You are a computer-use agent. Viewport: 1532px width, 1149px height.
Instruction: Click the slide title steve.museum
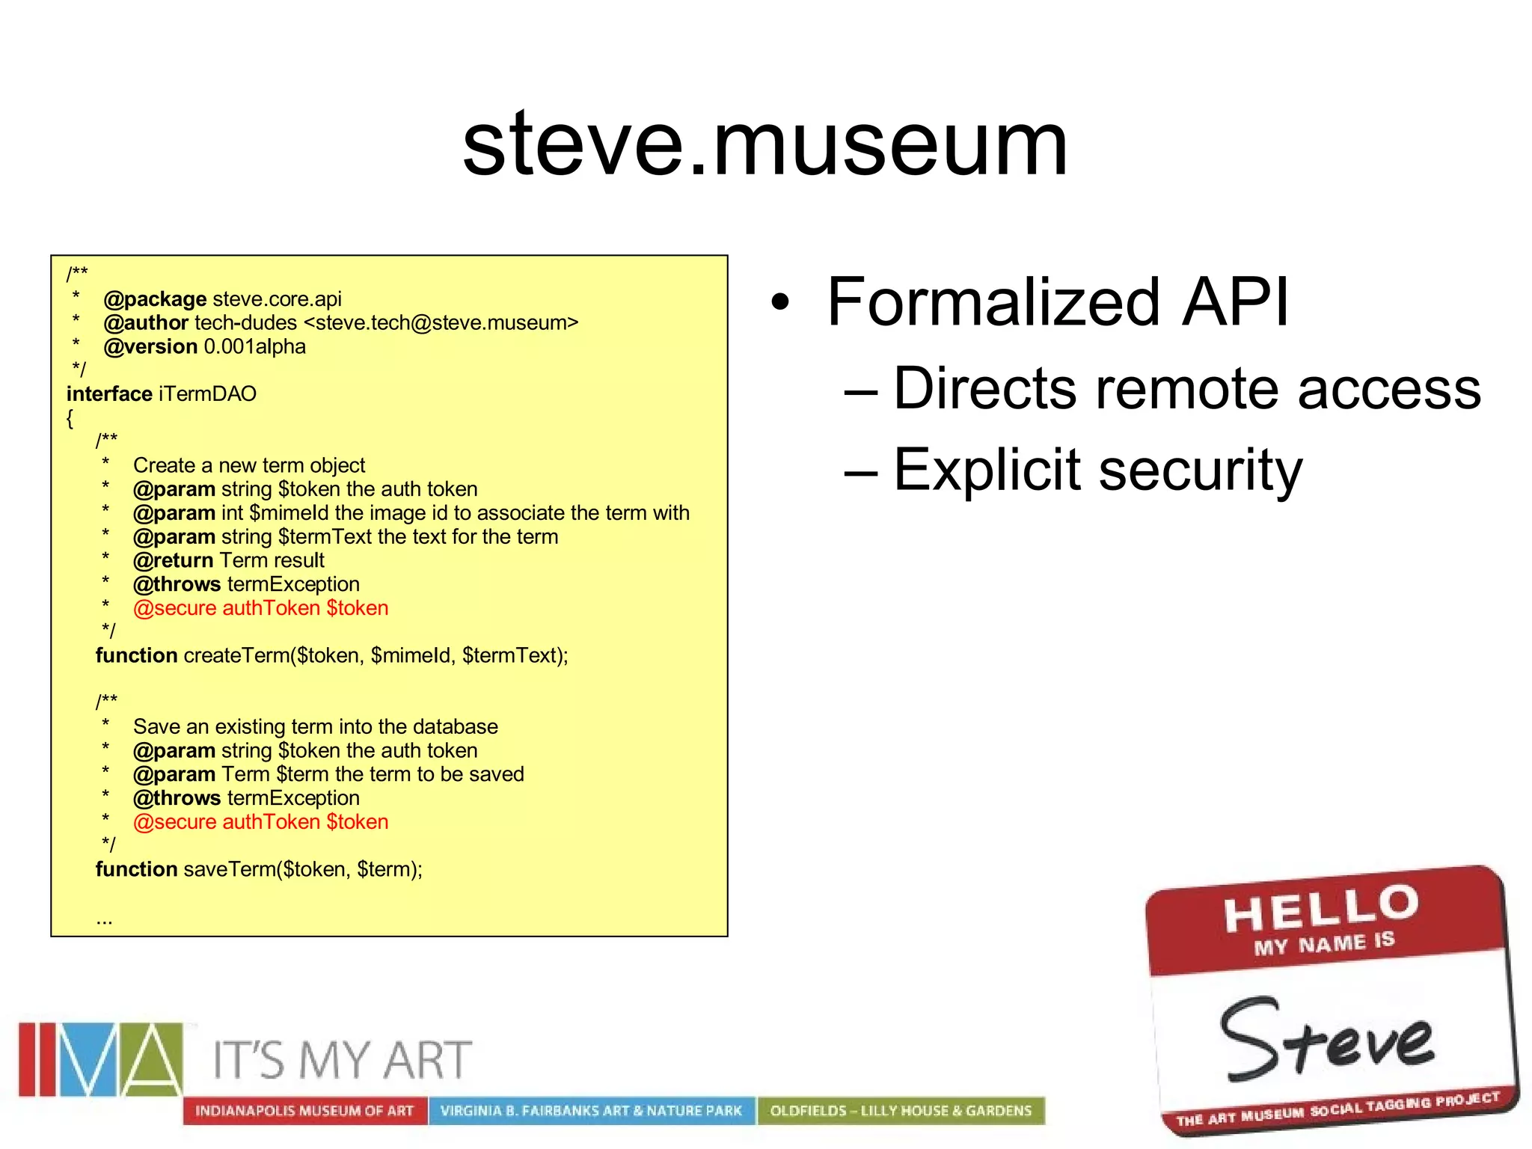765,144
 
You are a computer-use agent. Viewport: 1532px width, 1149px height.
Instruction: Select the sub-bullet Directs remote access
1186,389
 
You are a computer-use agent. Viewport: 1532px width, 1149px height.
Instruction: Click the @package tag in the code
155,299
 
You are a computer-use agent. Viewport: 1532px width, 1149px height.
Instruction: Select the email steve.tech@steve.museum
441,323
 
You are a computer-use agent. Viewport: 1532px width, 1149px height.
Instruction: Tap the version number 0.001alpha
255,347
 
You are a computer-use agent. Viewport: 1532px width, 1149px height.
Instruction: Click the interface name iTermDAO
207,394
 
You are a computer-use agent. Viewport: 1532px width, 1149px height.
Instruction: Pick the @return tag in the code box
173,560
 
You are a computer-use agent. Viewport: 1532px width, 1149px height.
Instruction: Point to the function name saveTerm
229,870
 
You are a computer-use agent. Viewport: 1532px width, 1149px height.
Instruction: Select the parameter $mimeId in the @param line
289,513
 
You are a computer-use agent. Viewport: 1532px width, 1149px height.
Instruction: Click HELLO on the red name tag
1320,907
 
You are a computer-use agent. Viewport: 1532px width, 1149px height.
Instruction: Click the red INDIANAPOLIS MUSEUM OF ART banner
304,1111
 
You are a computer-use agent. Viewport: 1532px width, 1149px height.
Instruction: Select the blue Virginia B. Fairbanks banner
591,1111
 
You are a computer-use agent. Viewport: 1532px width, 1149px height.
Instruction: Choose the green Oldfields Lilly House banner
901,1111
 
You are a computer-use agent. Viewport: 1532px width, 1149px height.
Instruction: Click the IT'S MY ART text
342,1060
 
